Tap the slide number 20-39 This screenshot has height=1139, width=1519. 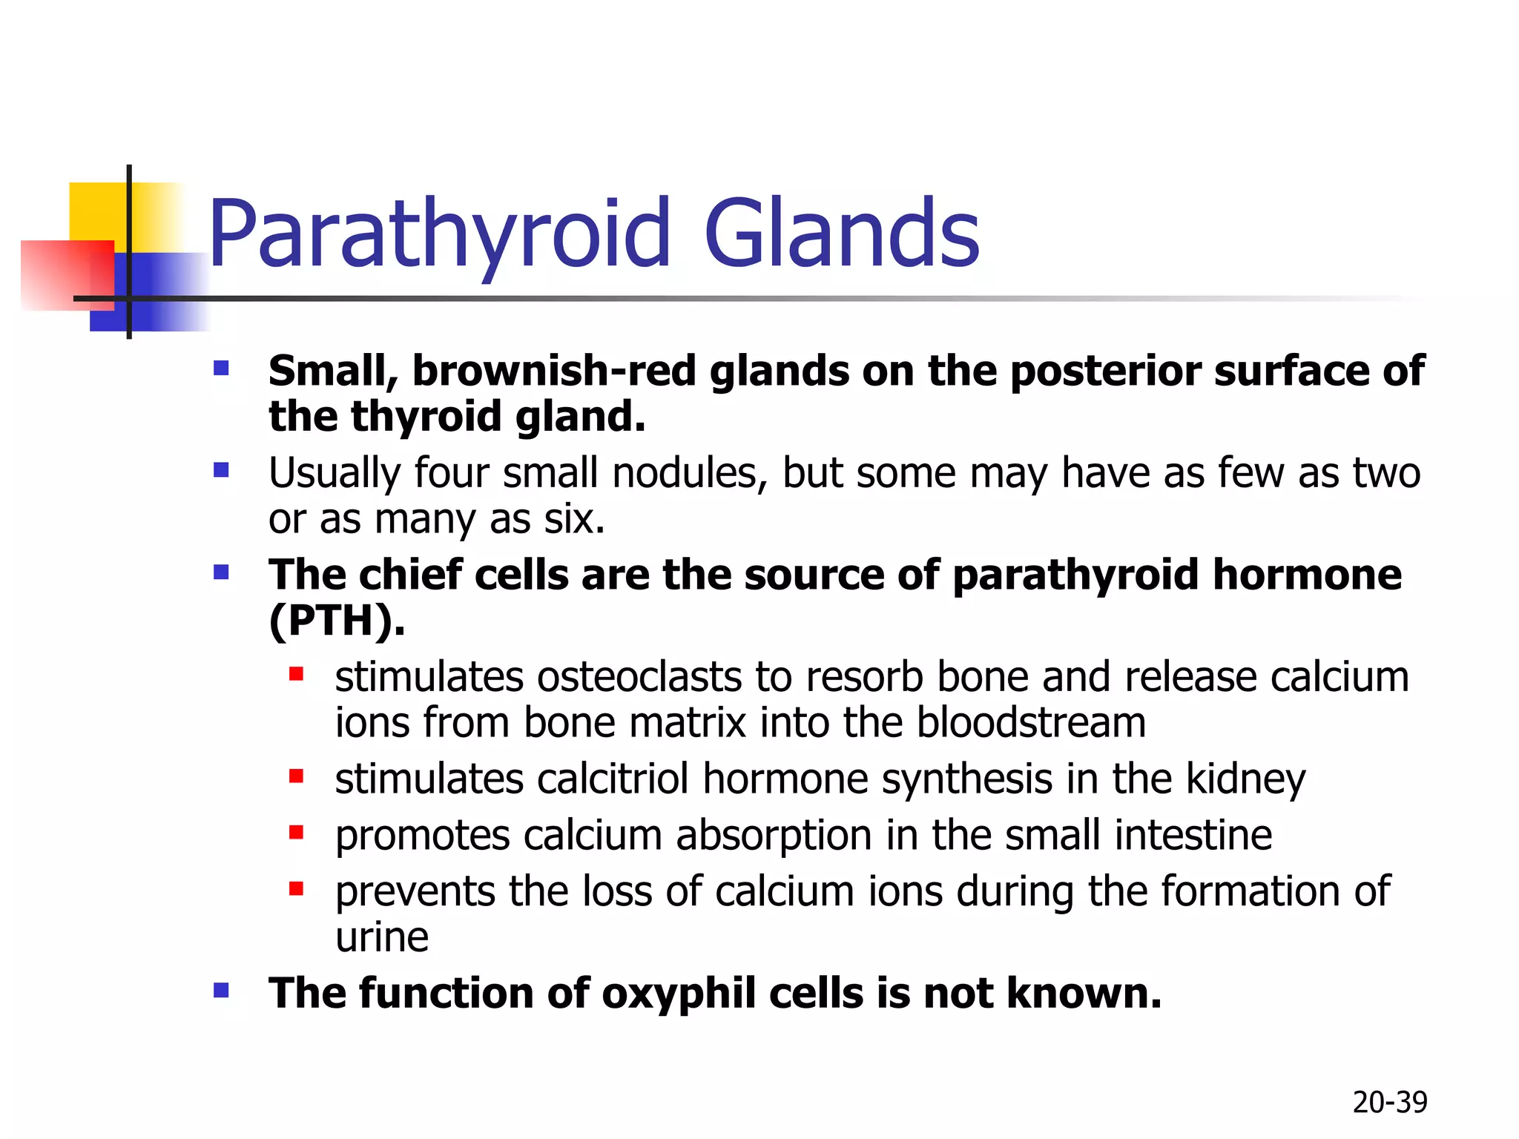tap(1389, 1103)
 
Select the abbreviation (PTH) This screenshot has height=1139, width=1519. tap(336, 621)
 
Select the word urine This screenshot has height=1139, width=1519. tap(382, 937)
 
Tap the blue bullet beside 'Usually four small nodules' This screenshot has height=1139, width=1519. tap(221, 470)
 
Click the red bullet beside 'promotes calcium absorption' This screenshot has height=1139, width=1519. tap(296, 833)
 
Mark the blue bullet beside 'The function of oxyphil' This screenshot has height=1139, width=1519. tap(221, 991)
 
